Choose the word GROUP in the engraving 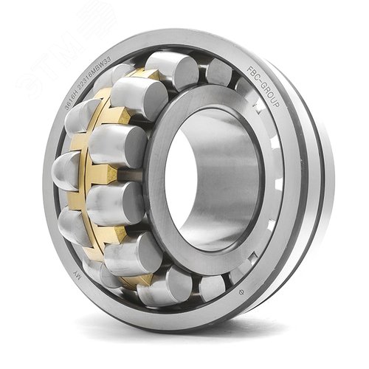pos(269,100)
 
